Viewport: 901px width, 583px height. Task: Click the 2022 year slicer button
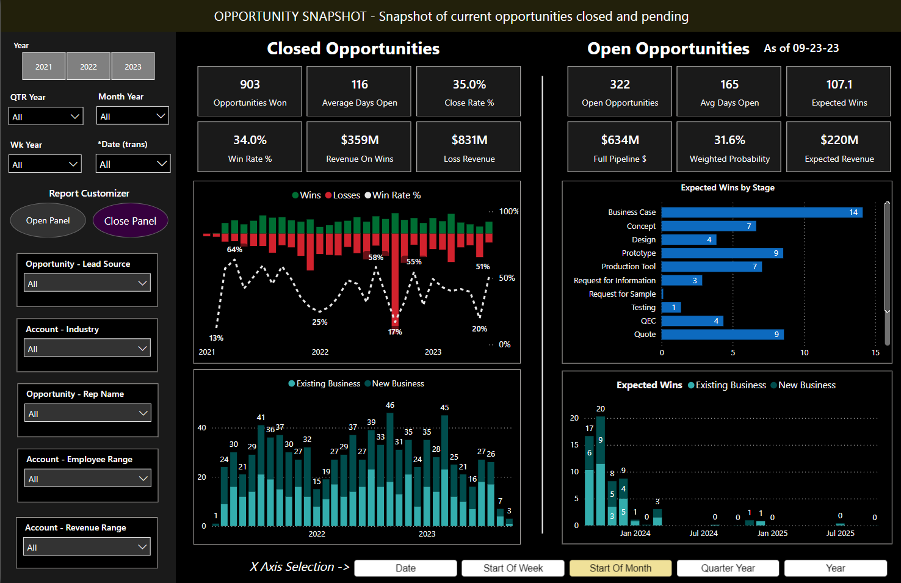[89, 67]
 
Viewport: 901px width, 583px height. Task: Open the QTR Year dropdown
[46, 117]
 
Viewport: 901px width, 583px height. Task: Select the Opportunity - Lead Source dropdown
[87, 283]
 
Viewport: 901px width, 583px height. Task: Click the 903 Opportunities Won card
[250, 92]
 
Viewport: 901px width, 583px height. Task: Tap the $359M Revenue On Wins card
[359, 147]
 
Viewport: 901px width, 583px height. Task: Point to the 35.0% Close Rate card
[469, 92]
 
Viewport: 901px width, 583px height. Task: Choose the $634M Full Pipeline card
[620, 147]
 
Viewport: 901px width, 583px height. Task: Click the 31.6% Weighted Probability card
[729, 147]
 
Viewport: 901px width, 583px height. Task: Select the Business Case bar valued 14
[761, 212]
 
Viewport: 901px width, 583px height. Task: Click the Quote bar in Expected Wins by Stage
[722, 335]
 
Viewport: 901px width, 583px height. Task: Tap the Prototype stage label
[639, 253]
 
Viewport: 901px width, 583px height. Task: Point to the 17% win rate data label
[395, 332]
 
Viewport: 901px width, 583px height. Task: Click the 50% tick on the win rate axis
[507, 278]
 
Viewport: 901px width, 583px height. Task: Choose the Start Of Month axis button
[620, 568]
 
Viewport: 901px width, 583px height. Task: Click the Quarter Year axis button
[728, 568]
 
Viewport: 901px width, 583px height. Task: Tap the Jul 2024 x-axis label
[703, 534]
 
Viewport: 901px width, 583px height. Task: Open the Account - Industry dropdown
[87, 349]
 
